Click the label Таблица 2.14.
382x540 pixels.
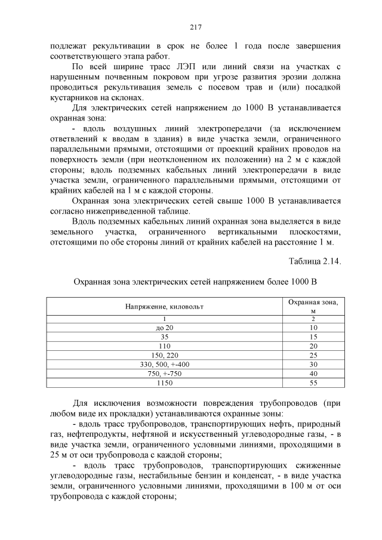pyautogui.click(x=315, y=261)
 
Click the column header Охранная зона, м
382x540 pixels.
pyautogui.click(x=313, y=306)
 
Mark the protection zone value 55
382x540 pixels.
pyautogui.click(x=313, y=382)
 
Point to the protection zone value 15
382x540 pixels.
pyautogui.click(x=313, y=337)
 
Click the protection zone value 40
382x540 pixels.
pyautogui.click(x=313, y=374)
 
